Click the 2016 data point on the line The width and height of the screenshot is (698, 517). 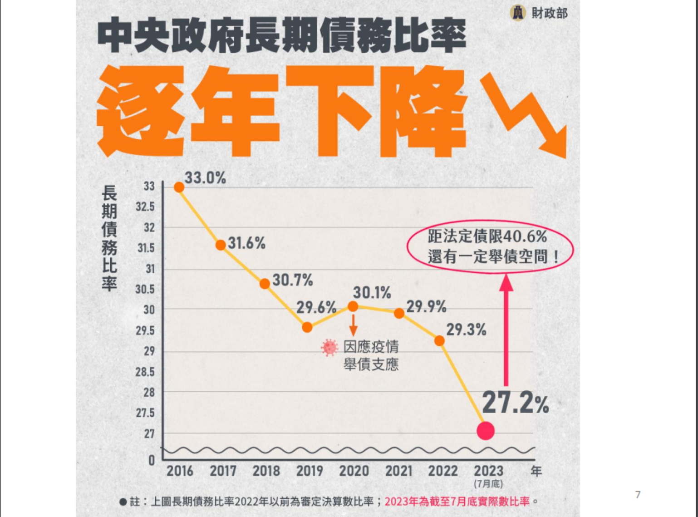coord(179,187)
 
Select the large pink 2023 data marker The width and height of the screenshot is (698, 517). coord(485,430)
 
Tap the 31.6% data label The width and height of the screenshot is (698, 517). coord(246,243)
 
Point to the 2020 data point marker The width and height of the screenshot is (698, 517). coord(353,307)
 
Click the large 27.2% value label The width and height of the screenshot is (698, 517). coord(515,402)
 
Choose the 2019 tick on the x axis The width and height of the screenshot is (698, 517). coord(310,471)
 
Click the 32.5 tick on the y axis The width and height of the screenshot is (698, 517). coord(145,207)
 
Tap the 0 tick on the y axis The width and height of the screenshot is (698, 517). coord(152,460)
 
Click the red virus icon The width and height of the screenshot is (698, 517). coord(329,348)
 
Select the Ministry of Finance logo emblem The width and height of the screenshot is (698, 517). coord(518,13)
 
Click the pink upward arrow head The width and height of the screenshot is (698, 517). coord(506,282)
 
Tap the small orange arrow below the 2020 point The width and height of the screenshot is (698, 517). coord(353,325)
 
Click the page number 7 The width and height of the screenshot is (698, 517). coord(638,494)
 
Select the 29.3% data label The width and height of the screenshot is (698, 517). coord(466,330)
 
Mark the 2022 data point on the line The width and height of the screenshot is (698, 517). coord(439,340)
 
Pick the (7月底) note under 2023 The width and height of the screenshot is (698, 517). coord(488,484)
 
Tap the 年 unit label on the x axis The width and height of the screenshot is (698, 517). coord(536,471)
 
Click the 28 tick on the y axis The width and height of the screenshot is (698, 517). coord(149,392)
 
